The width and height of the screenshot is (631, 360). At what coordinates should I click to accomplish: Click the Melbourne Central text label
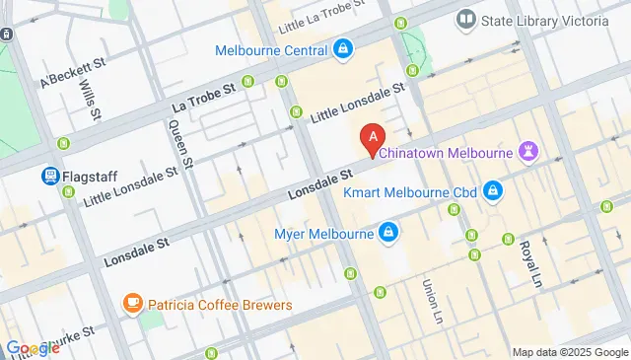271,50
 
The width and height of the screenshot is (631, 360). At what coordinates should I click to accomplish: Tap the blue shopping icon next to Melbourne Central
342,48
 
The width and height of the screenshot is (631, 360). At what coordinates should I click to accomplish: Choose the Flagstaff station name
90,177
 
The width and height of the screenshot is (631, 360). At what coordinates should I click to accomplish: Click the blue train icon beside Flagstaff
47,177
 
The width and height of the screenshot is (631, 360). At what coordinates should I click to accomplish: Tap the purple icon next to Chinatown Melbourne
530,151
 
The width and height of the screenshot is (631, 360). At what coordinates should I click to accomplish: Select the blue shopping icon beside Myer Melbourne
388,234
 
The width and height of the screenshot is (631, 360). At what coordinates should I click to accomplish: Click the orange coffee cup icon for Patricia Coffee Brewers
131,304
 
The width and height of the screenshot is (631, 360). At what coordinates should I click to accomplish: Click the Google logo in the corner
32,348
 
